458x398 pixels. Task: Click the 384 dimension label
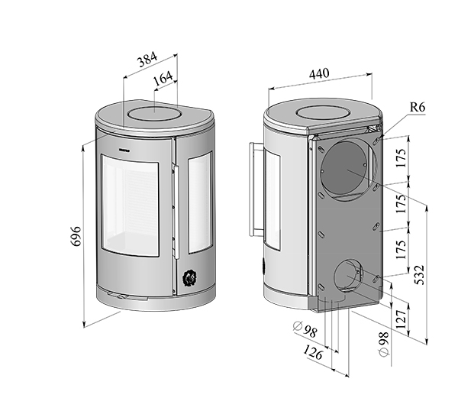point(147,59)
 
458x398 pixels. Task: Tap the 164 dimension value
point(163,78)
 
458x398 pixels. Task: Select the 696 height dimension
point(76,236)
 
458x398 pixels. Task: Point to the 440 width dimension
point(319,73)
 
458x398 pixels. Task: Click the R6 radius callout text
point(418,107)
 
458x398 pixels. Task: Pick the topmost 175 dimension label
point(401,158)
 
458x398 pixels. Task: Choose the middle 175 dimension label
point(401,204)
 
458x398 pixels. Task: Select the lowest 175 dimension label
point(401,250)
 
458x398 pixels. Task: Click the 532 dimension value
point(419,275)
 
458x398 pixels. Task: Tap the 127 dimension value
point(402,319)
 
